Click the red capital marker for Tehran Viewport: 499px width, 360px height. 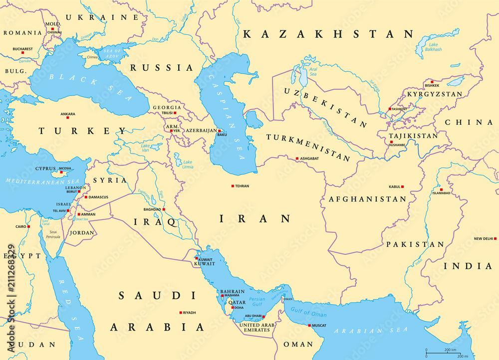pos(233,186)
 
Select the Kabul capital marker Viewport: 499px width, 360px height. pos(403,187)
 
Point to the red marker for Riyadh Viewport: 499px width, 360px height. pos(181,313)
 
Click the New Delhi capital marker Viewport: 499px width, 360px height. pos(495,239)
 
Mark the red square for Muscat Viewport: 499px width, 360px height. pos(310,326)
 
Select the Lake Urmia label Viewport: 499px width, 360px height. pos(188,164)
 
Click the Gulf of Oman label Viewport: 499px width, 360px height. pos(309,313)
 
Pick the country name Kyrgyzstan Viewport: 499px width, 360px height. pos(434,94)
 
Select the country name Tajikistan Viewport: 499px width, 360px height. pos(414,136)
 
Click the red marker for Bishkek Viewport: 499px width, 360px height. pos(433,80)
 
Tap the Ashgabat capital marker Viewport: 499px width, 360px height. pos(297,159)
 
